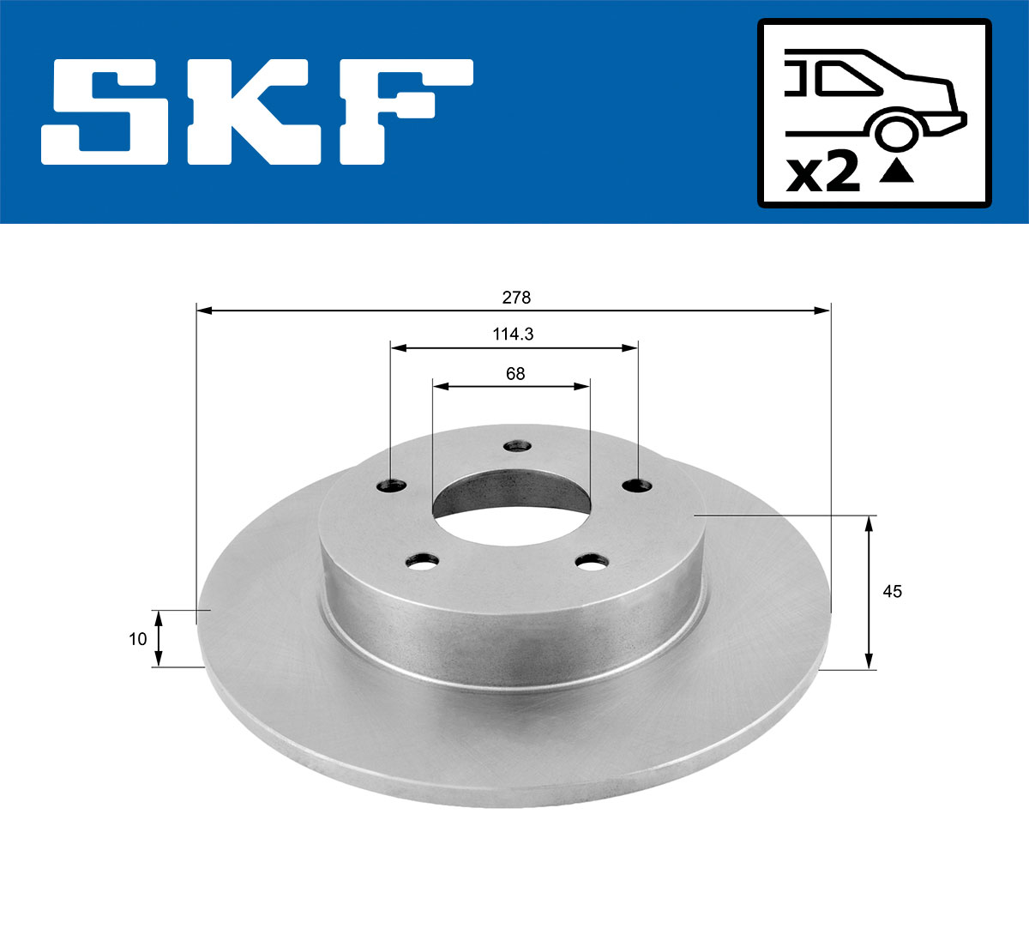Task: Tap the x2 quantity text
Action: tap(823, 174)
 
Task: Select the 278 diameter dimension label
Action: tap(516, 298)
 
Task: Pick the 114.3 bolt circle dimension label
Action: tap(513, 335)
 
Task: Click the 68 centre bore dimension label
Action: tap(514, 374)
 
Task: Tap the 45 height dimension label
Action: tap(893, 592)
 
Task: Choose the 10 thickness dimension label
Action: tap(137, 639)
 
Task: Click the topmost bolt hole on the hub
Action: tap(517, 446)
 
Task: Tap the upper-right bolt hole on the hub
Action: tap(637, 486)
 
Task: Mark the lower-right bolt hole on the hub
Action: tap(591, 563)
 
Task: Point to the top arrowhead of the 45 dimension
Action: tap(870, 523)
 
